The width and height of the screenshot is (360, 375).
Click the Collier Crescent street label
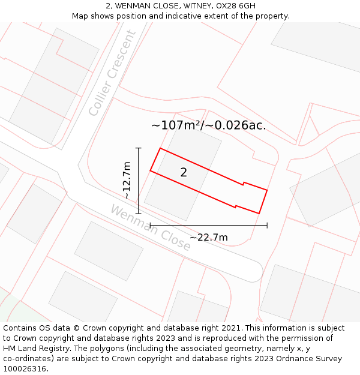click(112, 74)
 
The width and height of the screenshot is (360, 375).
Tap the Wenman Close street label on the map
click(150, 229)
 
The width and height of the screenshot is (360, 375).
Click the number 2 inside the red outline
click(184, 172)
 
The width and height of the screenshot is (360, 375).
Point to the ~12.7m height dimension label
click(127, 180)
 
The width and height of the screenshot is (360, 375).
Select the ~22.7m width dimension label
click(209, 237)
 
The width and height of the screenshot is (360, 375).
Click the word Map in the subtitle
click(80, 16)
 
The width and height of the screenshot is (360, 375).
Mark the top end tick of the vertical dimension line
click(139, 148)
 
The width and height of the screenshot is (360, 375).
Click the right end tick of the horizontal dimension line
click(267, 225)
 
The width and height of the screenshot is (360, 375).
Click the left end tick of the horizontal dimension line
click(150, 225)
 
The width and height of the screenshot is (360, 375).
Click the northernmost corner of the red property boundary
click(160, 148)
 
